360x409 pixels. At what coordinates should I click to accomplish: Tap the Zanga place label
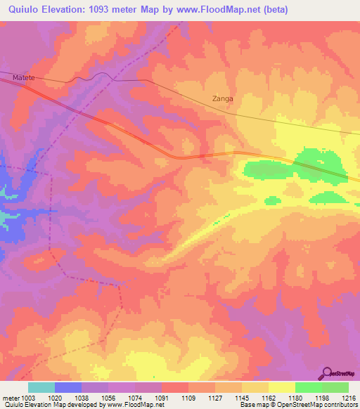[x=222, y=99]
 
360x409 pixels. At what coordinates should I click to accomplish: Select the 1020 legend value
[x=55, y=397]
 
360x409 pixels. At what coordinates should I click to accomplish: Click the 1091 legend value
[x=162, y=397]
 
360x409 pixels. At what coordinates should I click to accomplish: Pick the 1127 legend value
[x=215, y=397]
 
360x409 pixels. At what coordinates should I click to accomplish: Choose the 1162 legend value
[x=269, y=397]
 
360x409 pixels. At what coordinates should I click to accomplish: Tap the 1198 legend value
[x=322, y=397]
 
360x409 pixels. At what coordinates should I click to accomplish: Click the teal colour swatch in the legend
[x=41, y=387]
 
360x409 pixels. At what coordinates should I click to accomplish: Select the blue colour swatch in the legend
[x=68, y=387]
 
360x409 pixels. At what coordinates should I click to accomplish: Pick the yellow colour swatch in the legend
[x=282, y=387]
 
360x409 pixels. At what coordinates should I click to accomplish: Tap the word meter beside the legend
[x=11, y=397]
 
